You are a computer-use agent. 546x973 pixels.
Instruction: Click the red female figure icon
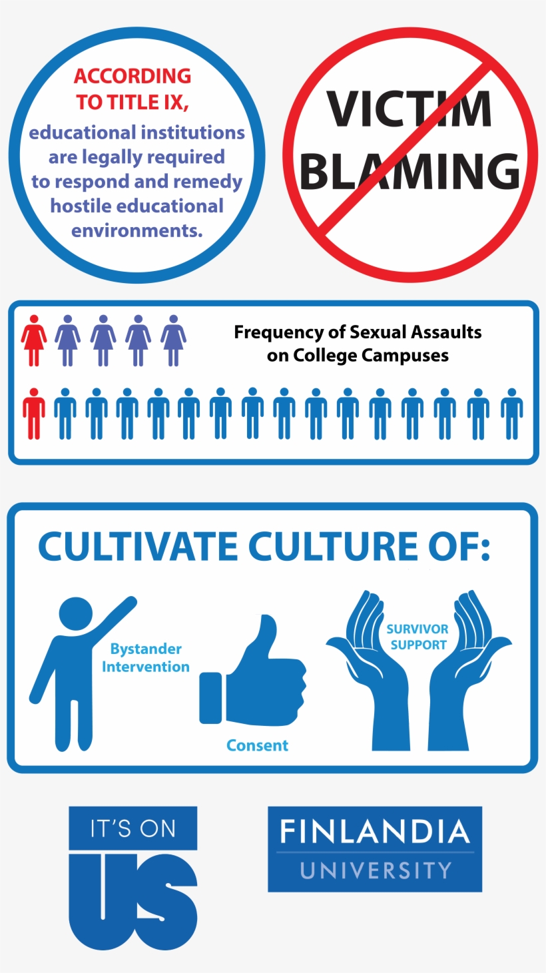coord(34,340)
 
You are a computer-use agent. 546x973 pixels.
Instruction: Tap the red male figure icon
coord(34,414)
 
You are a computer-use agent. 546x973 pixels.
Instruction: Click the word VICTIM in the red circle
coord(409,109)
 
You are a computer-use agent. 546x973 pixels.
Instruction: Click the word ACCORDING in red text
coord(133,76)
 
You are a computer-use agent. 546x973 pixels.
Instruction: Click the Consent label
coord(257,745)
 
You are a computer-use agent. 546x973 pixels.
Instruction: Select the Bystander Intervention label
coord(146,657)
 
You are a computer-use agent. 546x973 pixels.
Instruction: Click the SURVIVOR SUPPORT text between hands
coord(418,637)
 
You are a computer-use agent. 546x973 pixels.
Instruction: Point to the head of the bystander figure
coord(76,613)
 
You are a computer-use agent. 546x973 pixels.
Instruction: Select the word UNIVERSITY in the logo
coord(376,870)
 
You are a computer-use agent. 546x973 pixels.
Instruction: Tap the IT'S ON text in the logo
coord(133,828)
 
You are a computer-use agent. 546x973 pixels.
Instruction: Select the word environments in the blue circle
coord(136,230)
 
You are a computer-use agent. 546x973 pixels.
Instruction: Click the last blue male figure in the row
coord(511,414)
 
